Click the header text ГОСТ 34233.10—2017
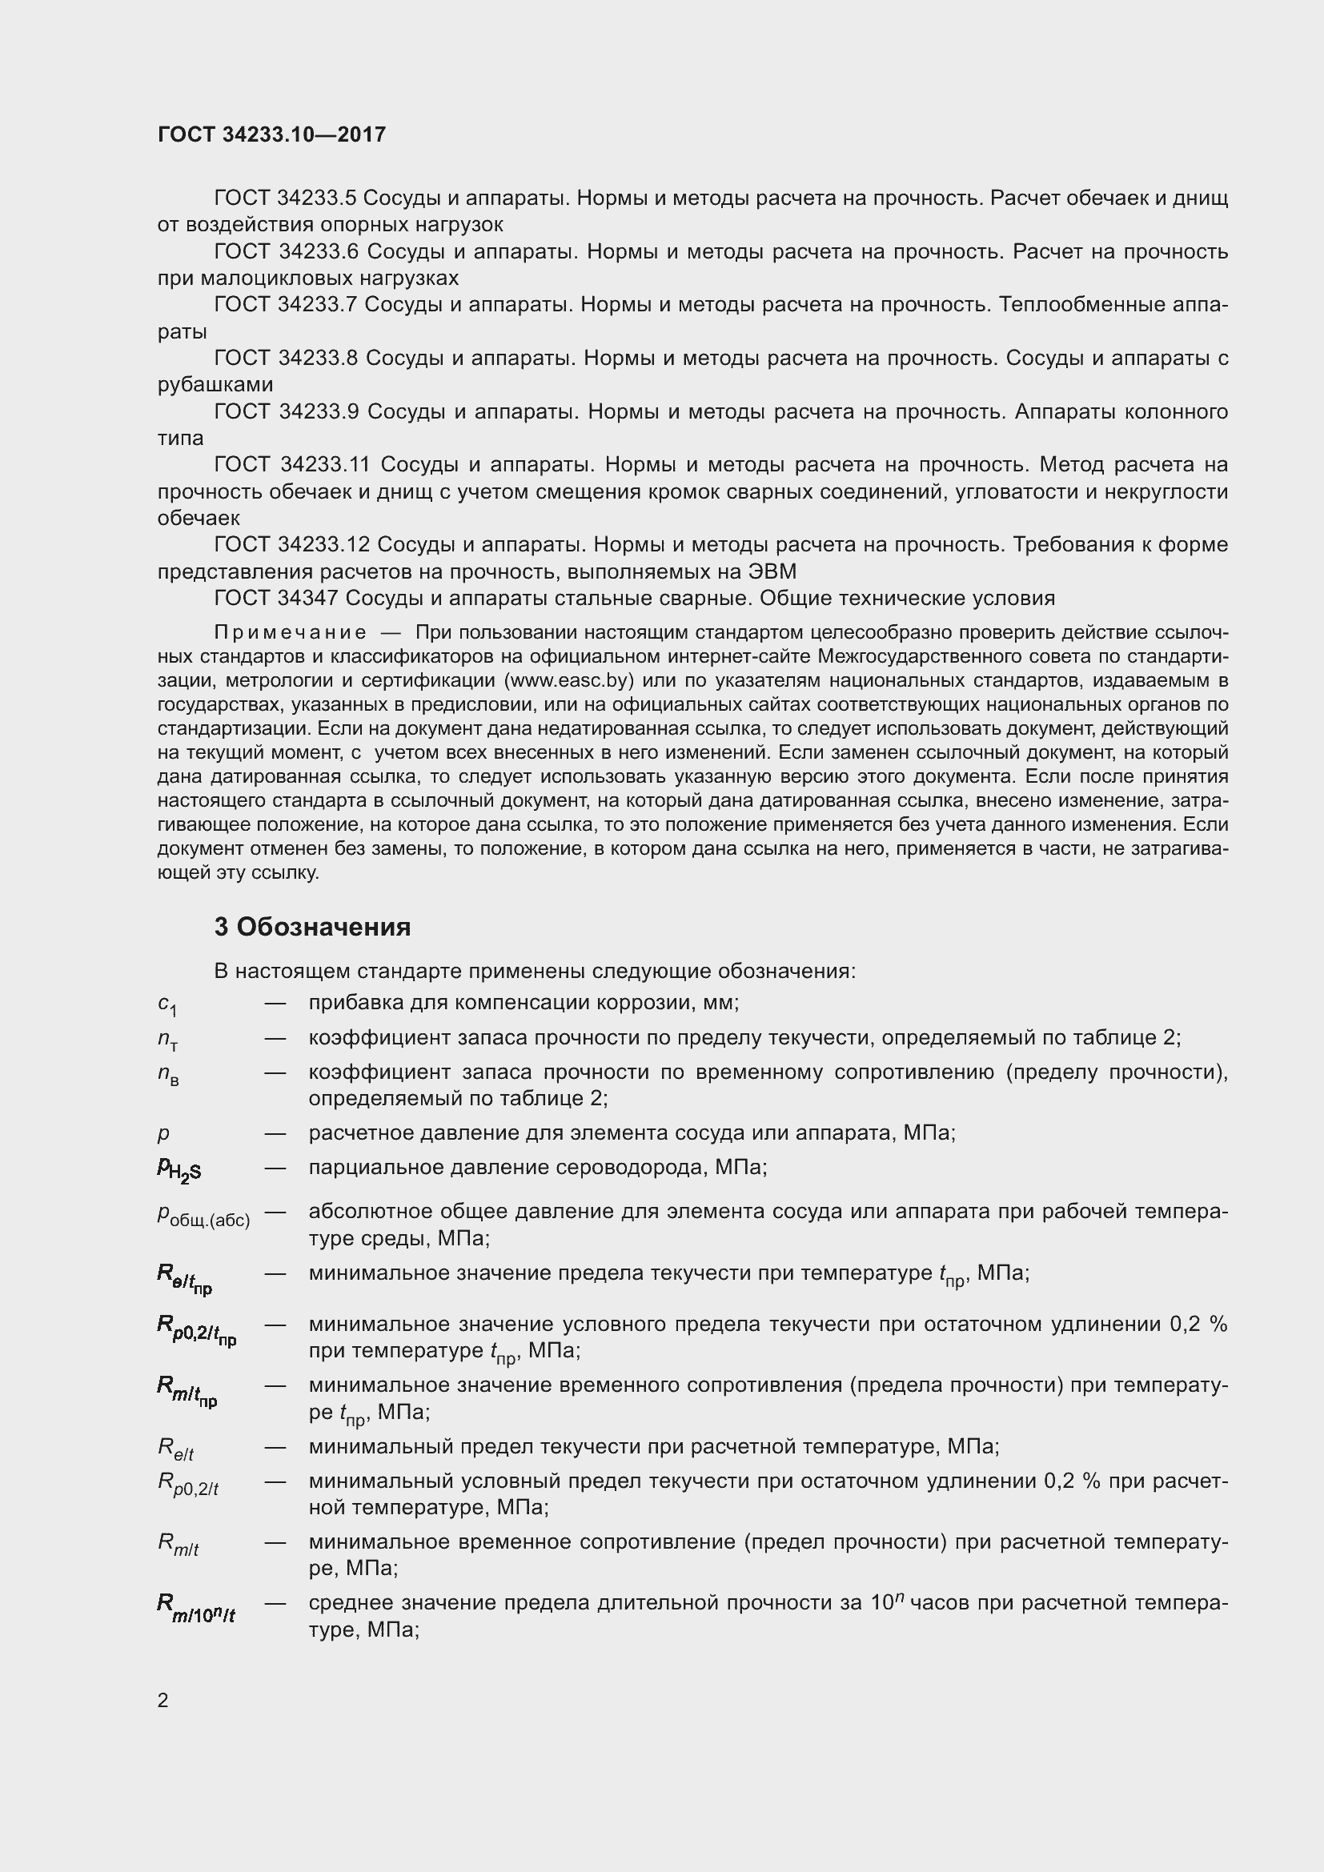pyautogui.click(x=271, y=134)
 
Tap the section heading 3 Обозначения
pyautogui.click(x=312, y=926)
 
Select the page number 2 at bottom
pyautogui.click(x=163, y=1699)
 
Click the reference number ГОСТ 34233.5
pyautogui.click(x=285, y=198)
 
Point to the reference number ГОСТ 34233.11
pyautogui.click(x=292, y=465)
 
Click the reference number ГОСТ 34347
pyautogui.click(x=275, y=599)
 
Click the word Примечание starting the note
pyautogui.click(x=290, y=633)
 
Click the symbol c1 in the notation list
pyautogui.click(x=167, y=1005)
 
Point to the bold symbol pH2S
pyautogui.click(x=179, y=1170)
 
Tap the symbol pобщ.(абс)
pyautogui.click(x=203, y=1217)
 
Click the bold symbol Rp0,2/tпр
pyautogui.click(x=196, y=1330)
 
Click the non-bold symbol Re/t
pyautogui.click(x=175, y=1448)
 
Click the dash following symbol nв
pyautogui.click(x=275, y=1072)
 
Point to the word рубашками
pyautogui.click(x=215, y=384)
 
